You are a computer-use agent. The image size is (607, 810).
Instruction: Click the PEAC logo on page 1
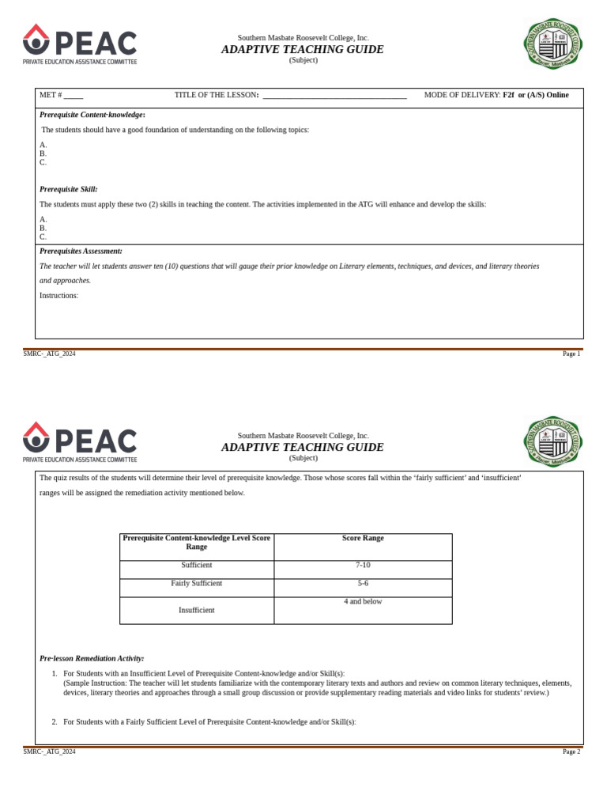80,44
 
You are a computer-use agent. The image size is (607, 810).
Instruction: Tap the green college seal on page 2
553,442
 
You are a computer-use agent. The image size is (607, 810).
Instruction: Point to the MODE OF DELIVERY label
462,95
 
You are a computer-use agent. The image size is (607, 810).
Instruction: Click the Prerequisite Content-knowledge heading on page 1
92,115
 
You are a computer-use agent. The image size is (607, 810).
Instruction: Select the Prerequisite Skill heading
69,189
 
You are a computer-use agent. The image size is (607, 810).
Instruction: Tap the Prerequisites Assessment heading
81,251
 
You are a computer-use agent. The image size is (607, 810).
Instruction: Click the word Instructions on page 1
58,295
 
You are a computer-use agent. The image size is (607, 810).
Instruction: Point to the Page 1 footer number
571,354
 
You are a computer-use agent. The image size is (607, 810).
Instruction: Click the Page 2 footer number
571,751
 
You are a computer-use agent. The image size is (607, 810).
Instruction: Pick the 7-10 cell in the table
363,566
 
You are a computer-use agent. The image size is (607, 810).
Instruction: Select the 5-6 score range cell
363,583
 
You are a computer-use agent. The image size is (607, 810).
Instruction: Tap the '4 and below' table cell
363,601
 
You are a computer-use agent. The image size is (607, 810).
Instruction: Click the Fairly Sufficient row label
197,583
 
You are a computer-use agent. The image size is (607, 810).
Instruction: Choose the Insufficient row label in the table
197,610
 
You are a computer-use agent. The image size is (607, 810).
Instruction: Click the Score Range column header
363,538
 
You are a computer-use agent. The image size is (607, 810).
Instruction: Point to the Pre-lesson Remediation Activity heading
92,658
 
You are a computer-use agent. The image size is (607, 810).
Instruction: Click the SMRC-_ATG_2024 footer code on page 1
49,354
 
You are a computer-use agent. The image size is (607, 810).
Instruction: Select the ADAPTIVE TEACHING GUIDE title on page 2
303,447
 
